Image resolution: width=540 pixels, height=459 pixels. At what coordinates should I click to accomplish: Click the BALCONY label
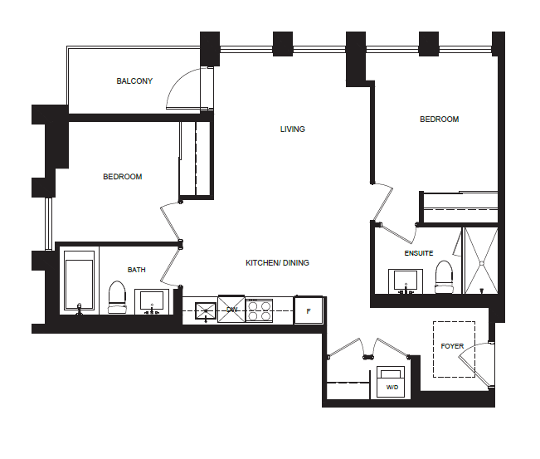pos(134,81)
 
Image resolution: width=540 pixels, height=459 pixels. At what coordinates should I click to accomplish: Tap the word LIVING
pos(292,129)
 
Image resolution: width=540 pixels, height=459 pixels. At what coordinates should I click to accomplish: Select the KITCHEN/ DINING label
pos(277,263)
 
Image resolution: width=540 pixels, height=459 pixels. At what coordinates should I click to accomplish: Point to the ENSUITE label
pos(418,253)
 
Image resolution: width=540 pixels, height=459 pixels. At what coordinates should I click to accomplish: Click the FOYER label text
pos(452,346)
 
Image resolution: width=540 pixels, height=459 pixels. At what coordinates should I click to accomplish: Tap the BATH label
pos(136,270)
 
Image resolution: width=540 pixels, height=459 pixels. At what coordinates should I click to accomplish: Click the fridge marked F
pos(309,310)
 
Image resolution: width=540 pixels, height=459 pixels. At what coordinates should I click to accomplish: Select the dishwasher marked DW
pos(231,309)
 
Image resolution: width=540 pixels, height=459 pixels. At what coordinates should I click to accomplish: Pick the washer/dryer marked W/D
pos(391,382)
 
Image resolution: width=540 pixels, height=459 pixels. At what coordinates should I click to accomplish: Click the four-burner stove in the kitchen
pos(260,310)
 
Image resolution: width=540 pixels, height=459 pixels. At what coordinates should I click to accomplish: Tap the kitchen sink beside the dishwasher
pos(206,311)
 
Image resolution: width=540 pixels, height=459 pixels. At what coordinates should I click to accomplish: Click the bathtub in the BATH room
pos(79,281)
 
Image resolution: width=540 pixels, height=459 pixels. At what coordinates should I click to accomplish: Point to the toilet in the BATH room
pos(118,297)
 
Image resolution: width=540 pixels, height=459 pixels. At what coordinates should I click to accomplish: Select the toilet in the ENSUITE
pos(444,277)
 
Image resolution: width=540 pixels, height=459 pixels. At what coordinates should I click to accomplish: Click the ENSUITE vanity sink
pos(406,281)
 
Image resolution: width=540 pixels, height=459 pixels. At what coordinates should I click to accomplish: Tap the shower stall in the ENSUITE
pos(481,261)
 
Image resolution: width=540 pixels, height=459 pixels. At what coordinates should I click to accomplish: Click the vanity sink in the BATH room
pos(152,301)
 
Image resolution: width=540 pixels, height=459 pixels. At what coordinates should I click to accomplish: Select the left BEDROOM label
pos(123,177)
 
